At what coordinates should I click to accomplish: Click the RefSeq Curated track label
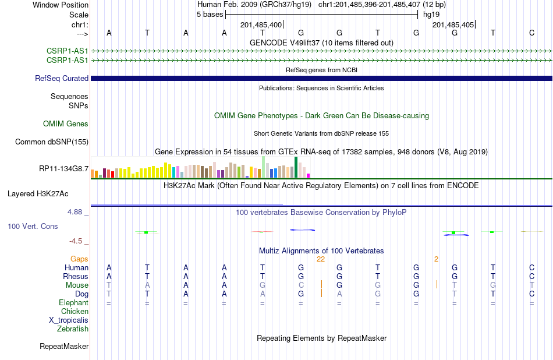coord(61,79)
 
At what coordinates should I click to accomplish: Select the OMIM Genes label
coord(66,123)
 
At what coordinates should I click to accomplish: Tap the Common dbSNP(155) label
coord(52,142)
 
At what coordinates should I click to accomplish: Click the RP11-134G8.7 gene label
coord(64,169)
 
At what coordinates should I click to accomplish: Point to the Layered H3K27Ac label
coord(38,194)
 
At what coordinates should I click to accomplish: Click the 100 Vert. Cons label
coord(33,226)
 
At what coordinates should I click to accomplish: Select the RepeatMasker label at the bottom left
coord(64,346)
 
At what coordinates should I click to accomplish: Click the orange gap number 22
coord(321,259)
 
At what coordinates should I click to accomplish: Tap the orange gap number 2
coord(436,259)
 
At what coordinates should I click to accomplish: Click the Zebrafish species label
coord(73,329)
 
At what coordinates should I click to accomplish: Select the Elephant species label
coord(74,302)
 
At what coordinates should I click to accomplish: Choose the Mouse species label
coord(77,285)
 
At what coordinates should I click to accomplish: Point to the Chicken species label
coord(75,311)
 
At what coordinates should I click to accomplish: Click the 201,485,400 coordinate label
coord(261,24)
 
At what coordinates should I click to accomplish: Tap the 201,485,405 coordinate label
coord(453,24)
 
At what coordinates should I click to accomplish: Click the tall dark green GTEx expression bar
coord(296,167)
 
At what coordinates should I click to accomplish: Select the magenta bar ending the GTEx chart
coord(309,175)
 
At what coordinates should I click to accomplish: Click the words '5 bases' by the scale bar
coord(210,15)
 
